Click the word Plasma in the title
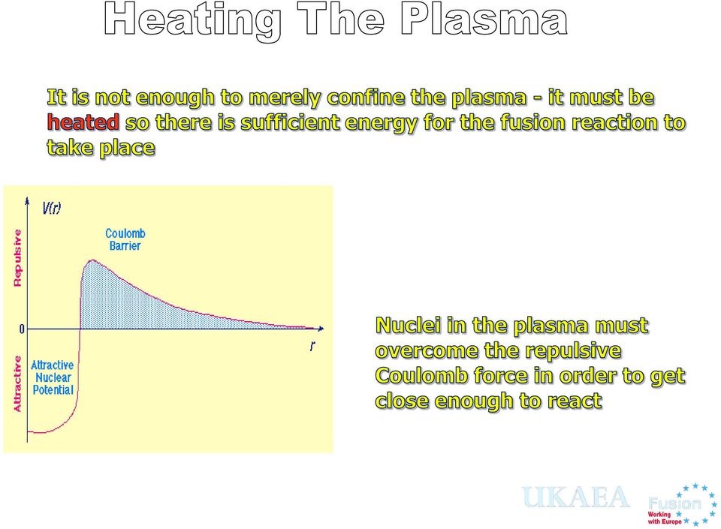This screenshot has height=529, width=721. [x=484, y=20]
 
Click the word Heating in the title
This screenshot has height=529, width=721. [x=193, y=22]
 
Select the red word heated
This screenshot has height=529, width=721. [x=83, y=122]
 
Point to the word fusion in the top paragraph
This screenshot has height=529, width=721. [x=533, y=122]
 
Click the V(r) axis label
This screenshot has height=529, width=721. [x=51, y=209]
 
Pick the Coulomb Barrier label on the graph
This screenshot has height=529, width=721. [x=125, y=239]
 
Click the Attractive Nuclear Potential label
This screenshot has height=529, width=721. [x=53, y=377]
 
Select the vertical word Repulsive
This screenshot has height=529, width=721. [x=17, y=258]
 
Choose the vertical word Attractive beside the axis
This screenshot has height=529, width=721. [x=17, y=384]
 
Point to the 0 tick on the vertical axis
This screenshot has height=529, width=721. [x=22, y=329]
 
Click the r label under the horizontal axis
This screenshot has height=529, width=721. [x=312, y=346]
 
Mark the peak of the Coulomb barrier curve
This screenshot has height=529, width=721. [x=92, y=260]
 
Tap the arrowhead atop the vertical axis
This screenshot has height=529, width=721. [x=28, y=200]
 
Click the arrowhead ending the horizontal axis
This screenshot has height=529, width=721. [x=321, y=329]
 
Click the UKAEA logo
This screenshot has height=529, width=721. [x=575, y=497]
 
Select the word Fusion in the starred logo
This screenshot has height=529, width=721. [x=674, y=503]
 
